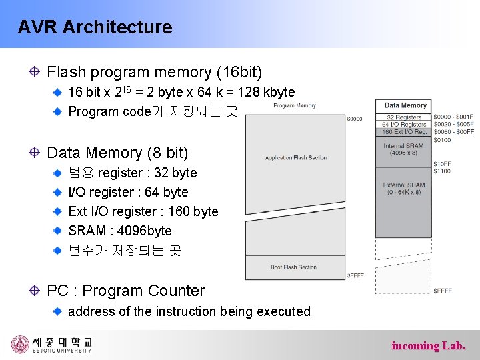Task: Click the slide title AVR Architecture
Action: click(95, 27)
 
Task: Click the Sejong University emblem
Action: click(20, 344)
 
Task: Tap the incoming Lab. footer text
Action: click(429, 345)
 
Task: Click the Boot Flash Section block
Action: click(293, 267)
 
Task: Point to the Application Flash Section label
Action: click(296, 158)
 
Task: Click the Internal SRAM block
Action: click(404, 149)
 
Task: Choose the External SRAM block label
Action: click(404, 189)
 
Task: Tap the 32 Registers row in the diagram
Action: click(404, 117)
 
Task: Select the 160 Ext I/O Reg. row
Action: click(404, 131)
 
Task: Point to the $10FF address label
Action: click(441, 164)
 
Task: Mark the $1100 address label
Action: click(441, 171)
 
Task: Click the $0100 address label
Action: click(441, 139)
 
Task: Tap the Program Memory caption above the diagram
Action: click(295, 105)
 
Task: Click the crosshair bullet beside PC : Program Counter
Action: click(34, 291)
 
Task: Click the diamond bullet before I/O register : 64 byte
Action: click(59, 192)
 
